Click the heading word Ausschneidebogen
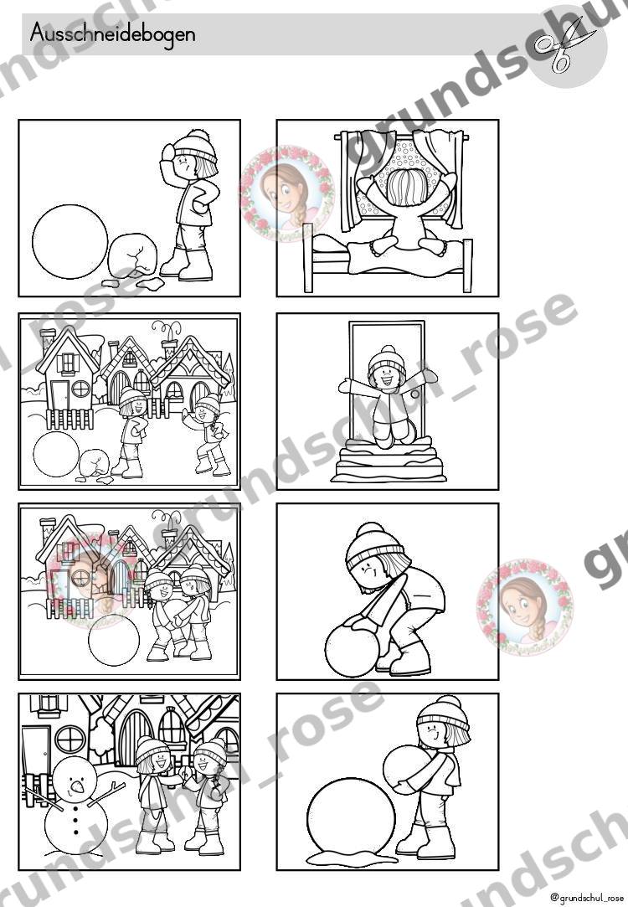[x=112, y=33]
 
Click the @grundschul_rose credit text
[x=587, y=898]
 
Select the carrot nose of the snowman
[x=76, y=786]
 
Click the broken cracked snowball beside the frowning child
[x=133, y=254]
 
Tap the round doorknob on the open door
[x=414, y=394]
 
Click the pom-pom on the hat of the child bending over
[x=369, y=531]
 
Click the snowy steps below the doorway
[x=389, y=461]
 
